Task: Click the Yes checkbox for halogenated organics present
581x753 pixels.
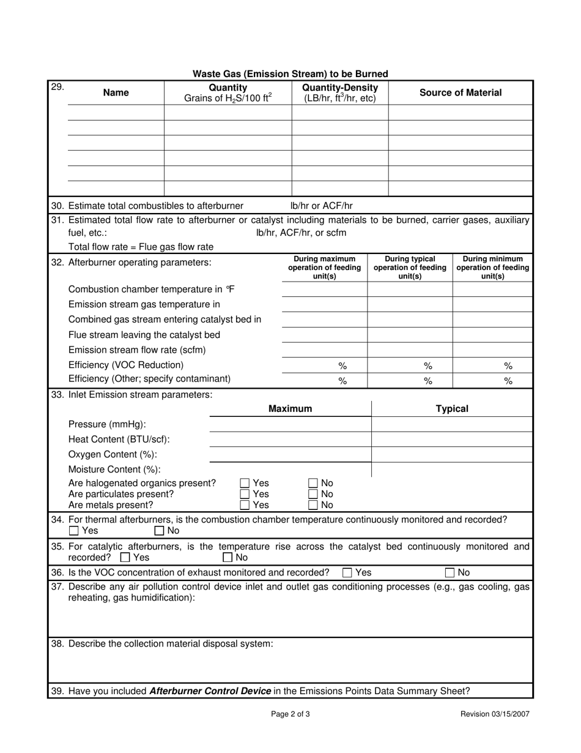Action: point(245,484)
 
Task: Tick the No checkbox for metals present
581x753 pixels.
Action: point(313,505)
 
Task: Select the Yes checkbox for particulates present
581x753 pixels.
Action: point(245,494)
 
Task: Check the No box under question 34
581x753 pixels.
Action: point(160,531)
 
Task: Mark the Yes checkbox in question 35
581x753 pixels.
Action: point(125,558)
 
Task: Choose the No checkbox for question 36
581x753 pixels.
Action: point(450,573)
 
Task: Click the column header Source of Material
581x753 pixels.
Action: point(460,93)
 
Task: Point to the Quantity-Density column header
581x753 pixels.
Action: point(340,93)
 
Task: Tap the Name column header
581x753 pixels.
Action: point(116,93)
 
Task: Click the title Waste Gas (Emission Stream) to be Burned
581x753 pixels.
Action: point(290,74)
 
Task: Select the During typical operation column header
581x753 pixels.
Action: point(410,268)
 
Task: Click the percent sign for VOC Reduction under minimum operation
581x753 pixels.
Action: point(508,366)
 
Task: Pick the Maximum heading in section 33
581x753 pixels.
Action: point(290,409)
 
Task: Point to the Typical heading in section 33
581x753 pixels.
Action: point(452,409)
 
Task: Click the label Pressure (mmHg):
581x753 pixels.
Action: point(107,424)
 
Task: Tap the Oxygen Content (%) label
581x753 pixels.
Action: point(113,454)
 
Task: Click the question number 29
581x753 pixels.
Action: point(57,87)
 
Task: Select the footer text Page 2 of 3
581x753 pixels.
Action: point(290,714)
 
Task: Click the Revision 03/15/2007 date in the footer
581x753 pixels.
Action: point(495,714)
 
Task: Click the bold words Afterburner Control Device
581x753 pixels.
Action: point(210,691)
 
